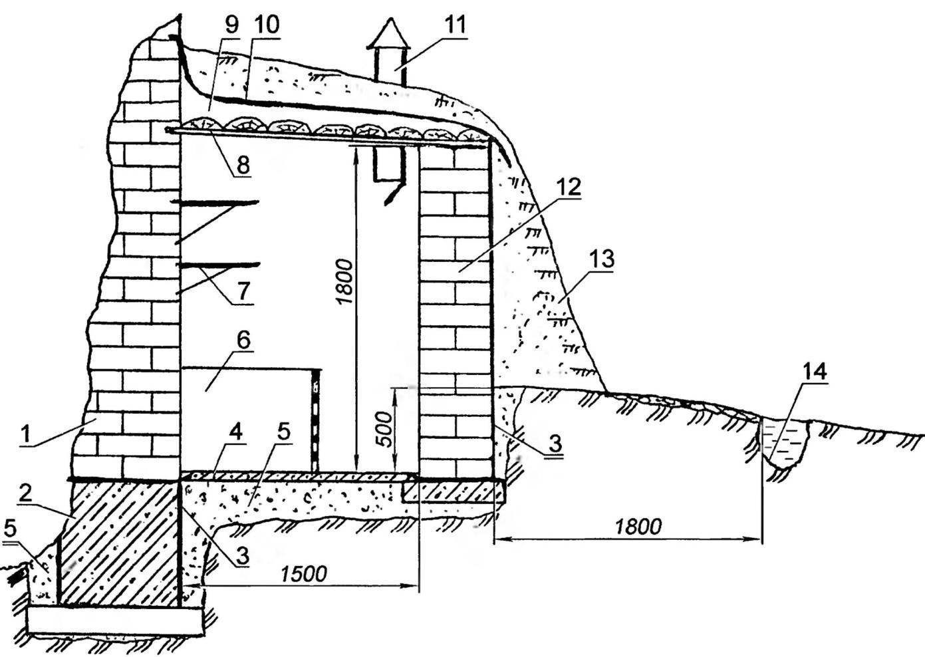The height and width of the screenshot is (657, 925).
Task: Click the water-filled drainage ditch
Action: [785, 442]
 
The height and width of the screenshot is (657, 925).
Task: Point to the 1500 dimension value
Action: [304, 573]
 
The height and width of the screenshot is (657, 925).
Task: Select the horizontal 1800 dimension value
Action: [638, 527]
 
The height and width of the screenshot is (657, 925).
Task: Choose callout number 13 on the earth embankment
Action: [602, 259]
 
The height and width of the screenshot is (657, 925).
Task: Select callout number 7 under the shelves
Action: [244, 291]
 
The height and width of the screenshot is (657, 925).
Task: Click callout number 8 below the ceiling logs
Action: [243, 164]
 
